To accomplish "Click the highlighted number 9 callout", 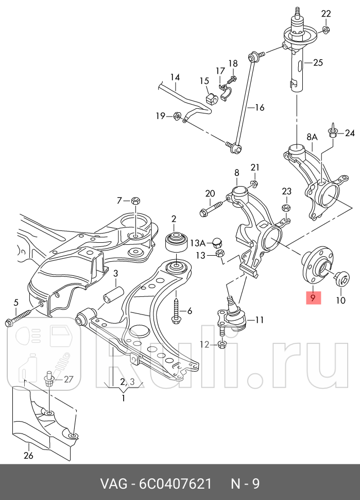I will [313, 297].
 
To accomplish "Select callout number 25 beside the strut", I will [317, 63].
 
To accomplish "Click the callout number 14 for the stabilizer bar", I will [175, 78].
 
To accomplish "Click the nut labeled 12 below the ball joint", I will [222, 344].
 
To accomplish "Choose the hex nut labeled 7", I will [135, 200].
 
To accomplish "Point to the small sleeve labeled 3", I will [113, 297].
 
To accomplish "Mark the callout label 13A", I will [198, 242].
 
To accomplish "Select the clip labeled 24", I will [333, 132].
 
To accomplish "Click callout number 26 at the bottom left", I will [28, 455].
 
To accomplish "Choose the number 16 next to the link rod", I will [259, 107].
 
